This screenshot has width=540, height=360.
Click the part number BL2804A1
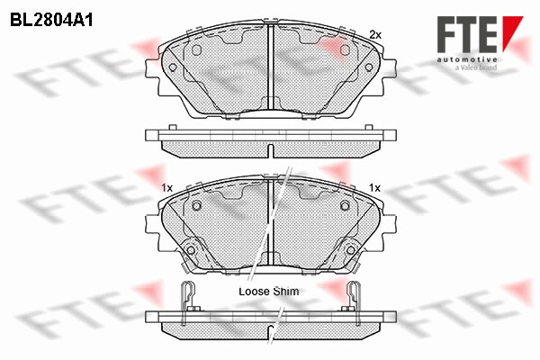(x=51, y=21)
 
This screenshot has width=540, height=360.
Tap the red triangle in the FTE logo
(x=511, y=31)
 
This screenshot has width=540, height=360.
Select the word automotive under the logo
(x=467, y=59)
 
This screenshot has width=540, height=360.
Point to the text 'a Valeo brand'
(x=475, y=67)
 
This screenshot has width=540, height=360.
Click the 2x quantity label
(x=375, y=35)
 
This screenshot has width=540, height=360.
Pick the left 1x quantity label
(x=166, y=188)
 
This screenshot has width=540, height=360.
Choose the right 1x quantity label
(x=374, y=188)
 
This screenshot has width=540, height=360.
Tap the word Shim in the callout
(x=286, y=292)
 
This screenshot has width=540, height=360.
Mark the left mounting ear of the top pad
(x=152, y=68)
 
